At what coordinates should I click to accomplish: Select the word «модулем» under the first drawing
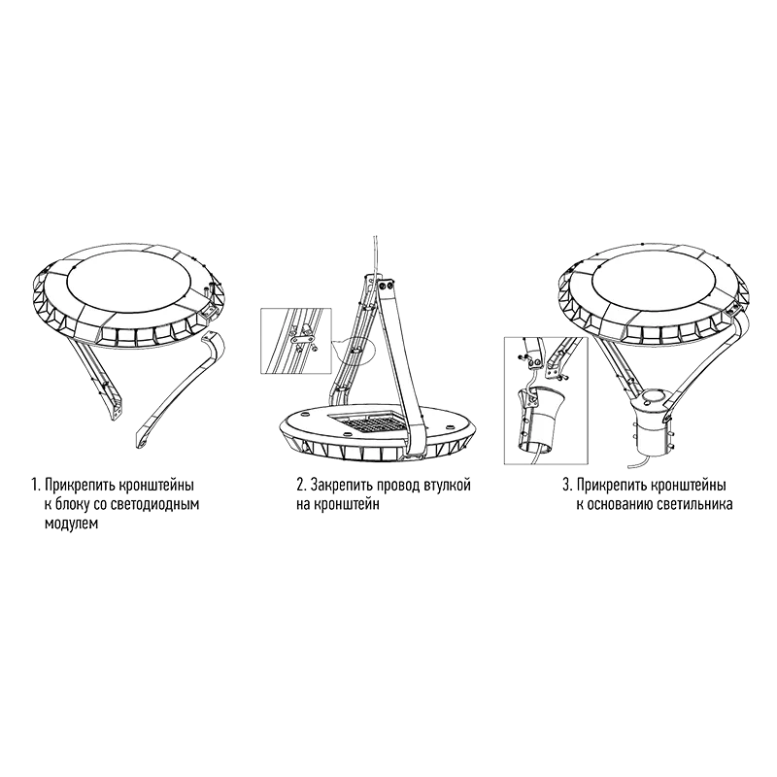[71, 524]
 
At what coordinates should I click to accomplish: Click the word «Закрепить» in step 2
[341, 485]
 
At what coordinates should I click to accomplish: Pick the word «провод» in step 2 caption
[398, 485]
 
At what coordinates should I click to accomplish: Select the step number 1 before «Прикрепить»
[35, 485]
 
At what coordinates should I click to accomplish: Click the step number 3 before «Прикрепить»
[567, 485]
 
